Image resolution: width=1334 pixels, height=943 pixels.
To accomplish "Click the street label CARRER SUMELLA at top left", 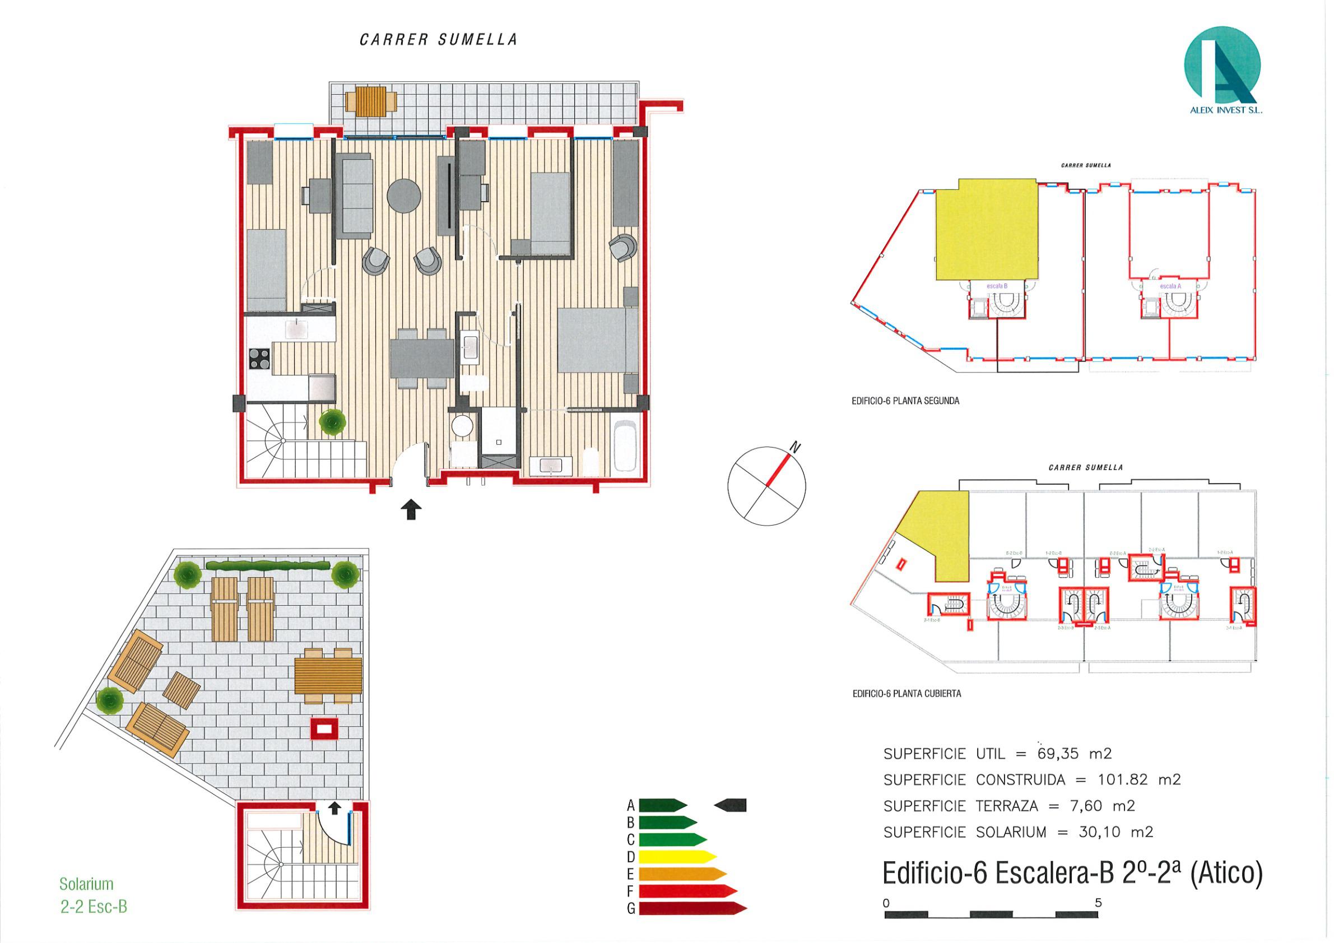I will pyautogui.click(x=438, y=40).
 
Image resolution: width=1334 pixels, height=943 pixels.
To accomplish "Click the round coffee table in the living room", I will pyautogui.click(x=404, y=195).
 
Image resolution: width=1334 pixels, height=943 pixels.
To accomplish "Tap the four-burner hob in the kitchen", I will pyautogui.click(x=259, y=358).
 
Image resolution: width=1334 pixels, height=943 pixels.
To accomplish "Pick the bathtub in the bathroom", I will pyautogui.click(x=626, y=445).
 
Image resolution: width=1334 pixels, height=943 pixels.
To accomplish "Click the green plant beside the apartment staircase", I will pyautogui.click(x=332, y=422).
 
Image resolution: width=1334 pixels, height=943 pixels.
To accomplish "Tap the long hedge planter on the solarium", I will pyautogui.click(x=268, y=565).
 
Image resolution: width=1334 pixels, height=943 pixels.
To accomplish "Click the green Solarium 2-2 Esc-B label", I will pyautogui.click(x=93, y=895).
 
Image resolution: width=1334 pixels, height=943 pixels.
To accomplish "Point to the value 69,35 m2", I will pyautogui.click(x=1073, y=754).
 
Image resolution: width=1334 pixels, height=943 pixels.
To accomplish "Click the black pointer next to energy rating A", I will pyautogui.click(x=731, y=805).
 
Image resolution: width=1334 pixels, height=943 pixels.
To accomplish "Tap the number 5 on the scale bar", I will pyautogui.click(x=1098, y=903).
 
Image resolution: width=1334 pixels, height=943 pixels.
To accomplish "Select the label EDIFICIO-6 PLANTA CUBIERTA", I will pyautogui.click(x=907, y=694).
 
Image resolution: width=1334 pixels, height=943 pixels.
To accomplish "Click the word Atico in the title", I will pyautogui.click(x=1226, y=874).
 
